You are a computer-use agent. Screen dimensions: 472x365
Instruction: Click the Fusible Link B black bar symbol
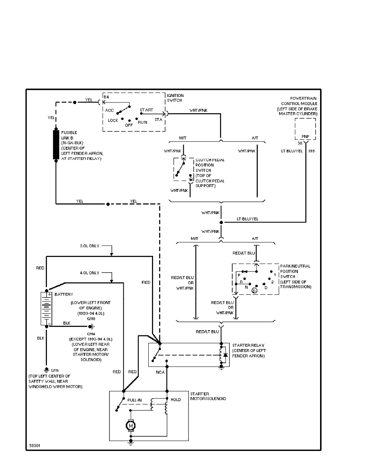tap(56, 144)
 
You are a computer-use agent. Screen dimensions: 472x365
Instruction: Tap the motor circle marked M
tap(130, 426)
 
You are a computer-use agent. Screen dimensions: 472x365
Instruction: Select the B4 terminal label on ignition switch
tap(106, 97)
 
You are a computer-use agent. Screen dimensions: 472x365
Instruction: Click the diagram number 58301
tap(35, 446)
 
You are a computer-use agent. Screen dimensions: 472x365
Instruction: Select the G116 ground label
tap(54, 370)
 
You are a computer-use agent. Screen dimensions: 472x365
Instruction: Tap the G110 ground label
tap(92, 318)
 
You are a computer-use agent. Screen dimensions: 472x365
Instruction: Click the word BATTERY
tap(62, 294)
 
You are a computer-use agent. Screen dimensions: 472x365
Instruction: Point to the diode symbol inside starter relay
tap(225, 355)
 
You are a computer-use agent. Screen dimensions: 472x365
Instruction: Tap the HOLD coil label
tap(175, 400)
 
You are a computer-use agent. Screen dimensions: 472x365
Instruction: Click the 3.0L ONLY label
tap(89, 246)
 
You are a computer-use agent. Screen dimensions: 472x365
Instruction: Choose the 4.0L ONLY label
tap(89, 273)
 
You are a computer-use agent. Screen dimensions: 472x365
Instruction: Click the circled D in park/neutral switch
tap(254, 291)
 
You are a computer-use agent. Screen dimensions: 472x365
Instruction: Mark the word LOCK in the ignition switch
tap(113, 120)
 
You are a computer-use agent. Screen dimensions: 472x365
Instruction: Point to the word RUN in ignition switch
tap(143, 122)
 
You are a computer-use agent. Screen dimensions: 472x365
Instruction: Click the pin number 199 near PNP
tap(311, 151)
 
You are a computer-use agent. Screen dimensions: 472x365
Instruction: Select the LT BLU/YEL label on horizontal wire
tap(247, 219)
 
